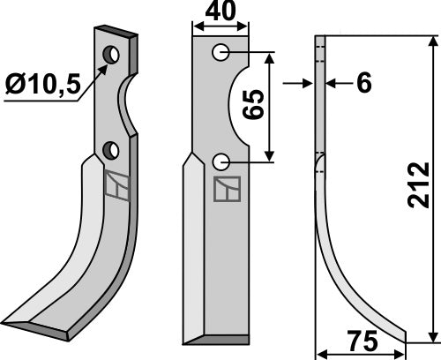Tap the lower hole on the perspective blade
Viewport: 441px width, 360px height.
(x=109, y=151)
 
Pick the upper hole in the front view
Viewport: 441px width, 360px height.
(x=220, y=54)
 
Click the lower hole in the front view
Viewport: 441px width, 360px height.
(x=220, y=161)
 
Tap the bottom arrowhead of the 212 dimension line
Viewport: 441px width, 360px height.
(x=432, y=334)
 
